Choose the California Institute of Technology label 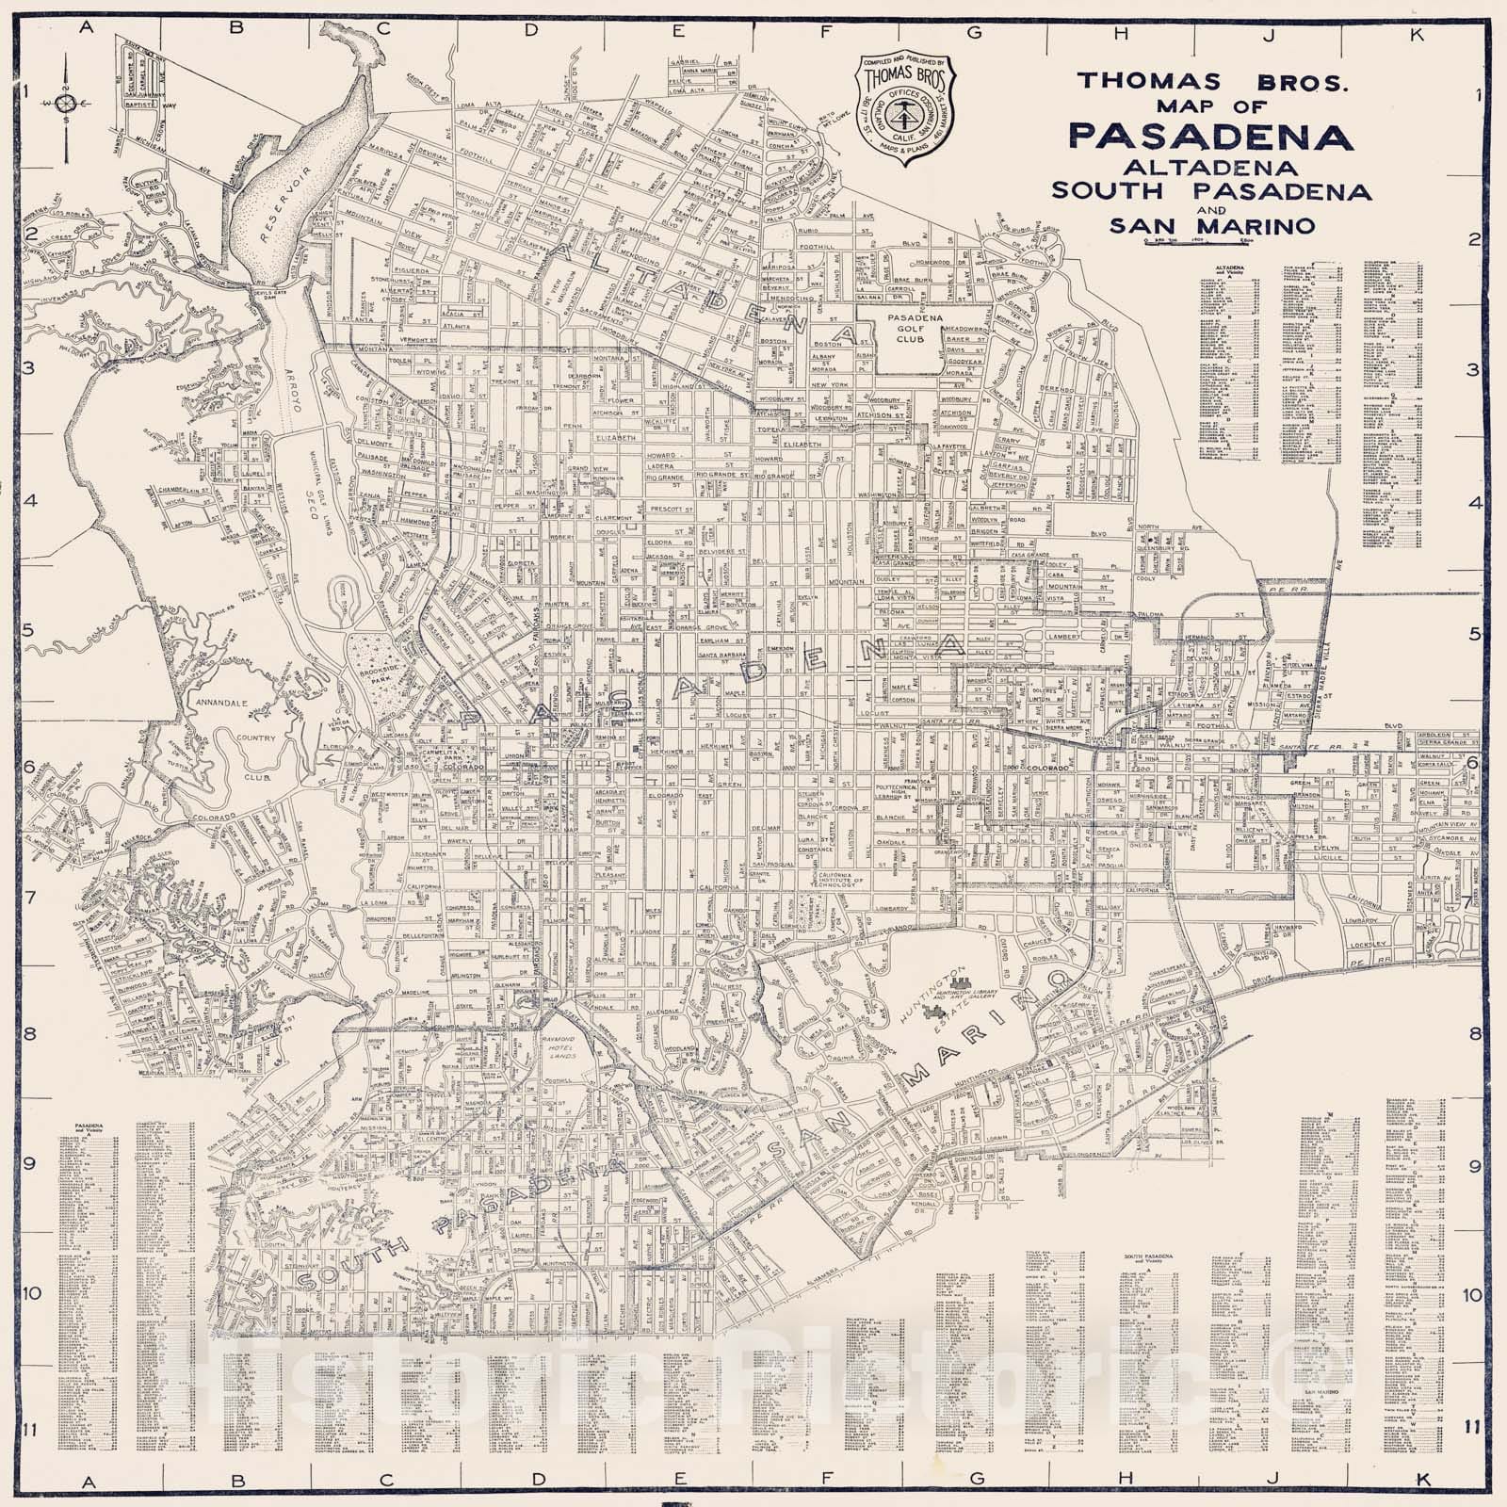[x=833, y=880]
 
